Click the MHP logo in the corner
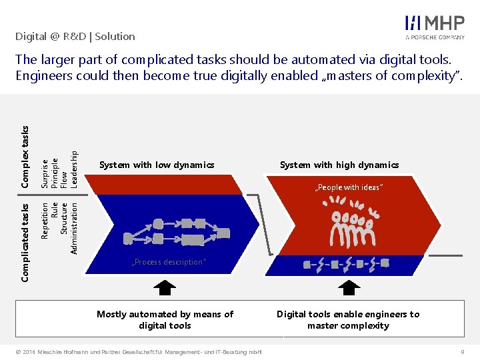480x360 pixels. (x=435, y=27)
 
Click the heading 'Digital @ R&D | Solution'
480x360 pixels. (x=75, y=37)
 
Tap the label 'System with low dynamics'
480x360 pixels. (x=157, y=165)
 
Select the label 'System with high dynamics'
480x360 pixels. (x=339, y=165)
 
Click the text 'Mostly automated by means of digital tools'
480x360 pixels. (x=165, y=319)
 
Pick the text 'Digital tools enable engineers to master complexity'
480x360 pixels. (x=348, y=319)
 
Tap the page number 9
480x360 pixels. (x=462, y=351)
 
